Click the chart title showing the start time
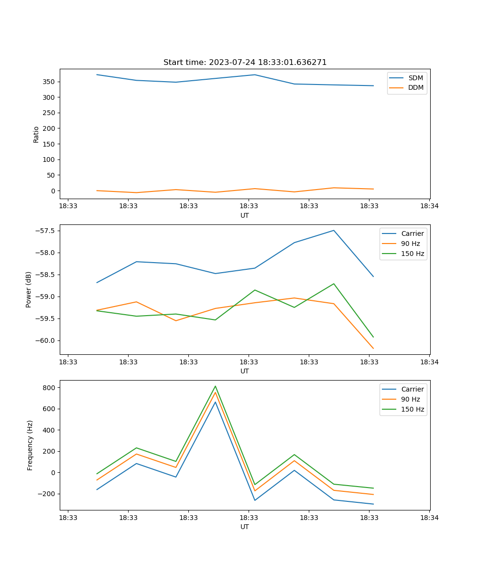point(245,63)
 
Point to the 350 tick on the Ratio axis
point(49,82)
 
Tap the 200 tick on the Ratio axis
point(49,128)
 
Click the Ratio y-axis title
point(36,134)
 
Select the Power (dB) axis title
point(29,289)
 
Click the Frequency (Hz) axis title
point(30,445)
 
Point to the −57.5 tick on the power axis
point(45,231)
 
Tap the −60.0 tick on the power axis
point(45,340)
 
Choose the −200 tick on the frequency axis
point(47,494)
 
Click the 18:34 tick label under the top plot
point(429,206)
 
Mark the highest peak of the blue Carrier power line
point(334,230)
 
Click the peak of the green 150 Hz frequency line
point(215,386)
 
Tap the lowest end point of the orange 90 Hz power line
point(373,349)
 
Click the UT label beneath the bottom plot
point(245,527)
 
